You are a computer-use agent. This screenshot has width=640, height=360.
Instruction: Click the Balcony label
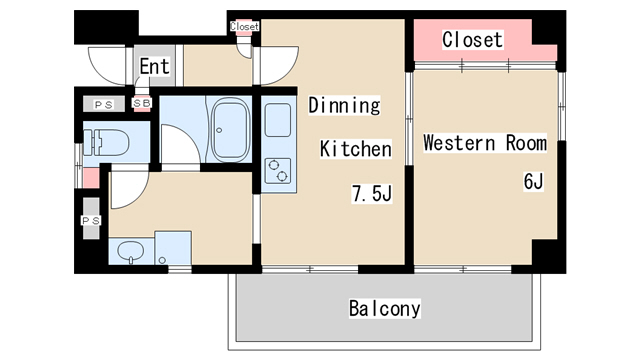click(384, 308)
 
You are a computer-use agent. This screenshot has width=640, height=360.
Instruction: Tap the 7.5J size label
click(372, 193)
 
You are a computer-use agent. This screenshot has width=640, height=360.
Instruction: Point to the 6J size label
click(533, 181)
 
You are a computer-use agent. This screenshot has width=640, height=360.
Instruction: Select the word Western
click(459, 143)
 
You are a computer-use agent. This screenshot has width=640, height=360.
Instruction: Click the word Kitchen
click(356, 149)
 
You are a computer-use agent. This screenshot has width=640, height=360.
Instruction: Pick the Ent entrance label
click(154, 66)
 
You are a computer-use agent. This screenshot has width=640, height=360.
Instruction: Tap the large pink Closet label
click(472, 40)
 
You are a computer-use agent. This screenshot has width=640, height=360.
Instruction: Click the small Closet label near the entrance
click(244, 27)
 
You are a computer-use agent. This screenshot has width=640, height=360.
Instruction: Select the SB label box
click(142, 103)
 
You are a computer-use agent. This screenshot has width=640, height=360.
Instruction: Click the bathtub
click(229, 129)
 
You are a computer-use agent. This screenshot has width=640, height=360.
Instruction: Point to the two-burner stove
click(278, 171)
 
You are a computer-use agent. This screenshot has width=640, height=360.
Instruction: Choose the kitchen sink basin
click(278, 120)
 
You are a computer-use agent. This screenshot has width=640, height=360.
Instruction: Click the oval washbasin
click(131, 251)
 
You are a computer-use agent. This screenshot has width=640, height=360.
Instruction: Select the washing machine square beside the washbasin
click(173, 248)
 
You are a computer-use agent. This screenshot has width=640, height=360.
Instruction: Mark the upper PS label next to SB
click(104, 105)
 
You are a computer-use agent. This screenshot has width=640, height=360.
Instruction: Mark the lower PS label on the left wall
click(91, 221)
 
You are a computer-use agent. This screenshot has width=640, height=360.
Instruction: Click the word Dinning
click(344, 105)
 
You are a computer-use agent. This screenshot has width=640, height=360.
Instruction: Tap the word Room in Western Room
click(526, 143)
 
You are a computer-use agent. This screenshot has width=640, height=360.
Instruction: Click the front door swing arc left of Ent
click(104, 71)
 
